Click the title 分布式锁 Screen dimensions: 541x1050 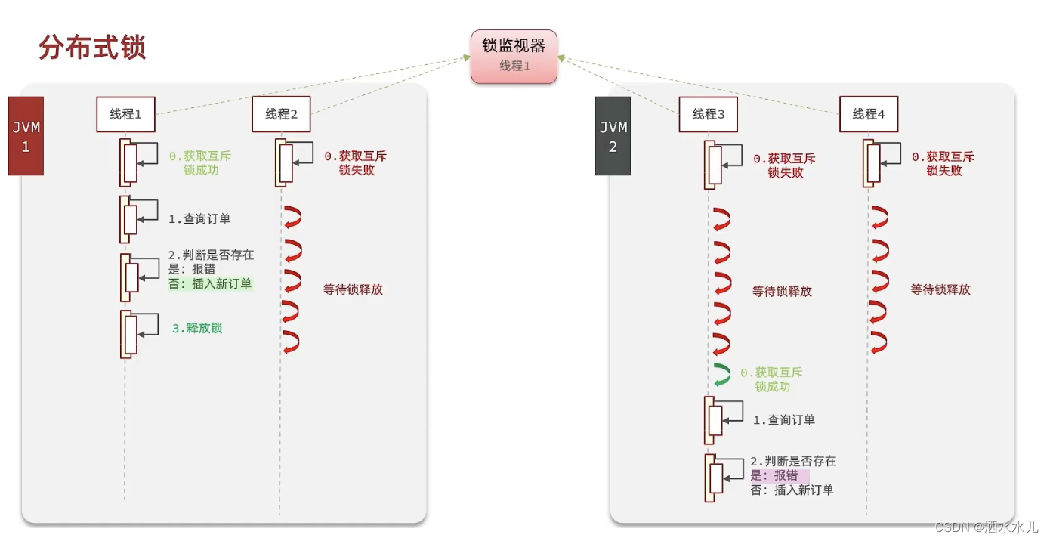tap(92, 48)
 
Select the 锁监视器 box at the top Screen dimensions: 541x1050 tap(514, 55)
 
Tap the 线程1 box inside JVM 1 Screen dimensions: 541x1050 tap(125, 114)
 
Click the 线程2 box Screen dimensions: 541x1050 tap(281, 114)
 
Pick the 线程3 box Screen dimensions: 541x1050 tap(708, 114)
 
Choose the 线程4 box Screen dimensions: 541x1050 tap(869, 114)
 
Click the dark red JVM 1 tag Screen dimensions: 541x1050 tap(26, 137)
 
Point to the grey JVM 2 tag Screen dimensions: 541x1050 tap(613, 137)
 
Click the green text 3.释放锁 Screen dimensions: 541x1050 tap(197, 328)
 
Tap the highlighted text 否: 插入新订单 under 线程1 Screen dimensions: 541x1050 tap(210, 284)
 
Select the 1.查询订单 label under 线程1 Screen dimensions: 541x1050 tap(199, 219)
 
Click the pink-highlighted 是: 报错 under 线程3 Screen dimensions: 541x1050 tap(778, 475)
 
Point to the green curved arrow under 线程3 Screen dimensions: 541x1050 tap(721, 375)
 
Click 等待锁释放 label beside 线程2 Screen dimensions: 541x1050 tap(353, 289)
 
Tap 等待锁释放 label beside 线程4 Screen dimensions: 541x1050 tap(940, 289)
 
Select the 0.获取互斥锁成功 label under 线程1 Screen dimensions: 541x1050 tap(200, 163)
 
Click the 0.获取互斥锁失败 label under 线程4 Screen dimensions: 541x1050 tap(943, 164)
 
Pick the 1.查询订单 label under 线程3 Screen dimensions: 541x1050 tap(784, 420)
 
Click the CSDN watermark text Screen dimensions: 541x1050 tap(987, 527)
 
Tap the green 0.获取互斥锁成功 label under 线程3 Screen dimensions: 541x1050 tap(772, 379)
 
